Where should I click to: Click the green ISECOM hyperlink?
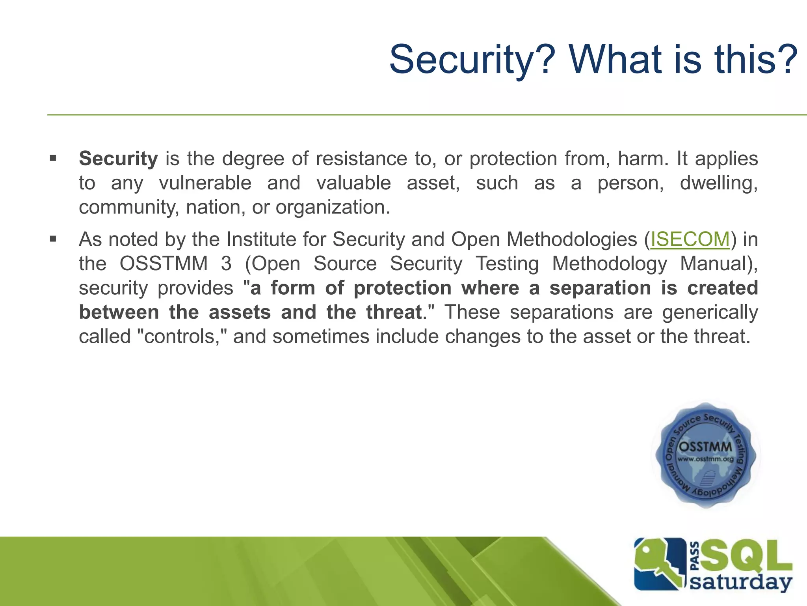pos(690,239)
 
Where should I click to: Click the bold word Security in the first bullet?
pos(118,159)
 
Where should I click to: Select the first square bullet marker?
pos(53,159)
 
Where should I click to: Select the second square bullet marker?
pos(53,239)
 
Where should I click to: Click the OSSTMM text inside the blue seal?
pos(706,447)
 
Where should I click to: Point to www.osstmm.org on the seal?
pos(706,459)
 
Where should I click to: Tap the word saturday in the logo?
pos(741,583)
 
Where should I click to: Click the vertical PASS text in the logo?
pos(695,556)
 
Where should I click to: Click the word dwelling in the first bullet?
pos(718,183)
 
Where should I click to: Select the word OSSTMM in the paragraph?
pos(164,264)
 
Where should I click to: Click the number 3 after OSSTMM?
pos(226,264)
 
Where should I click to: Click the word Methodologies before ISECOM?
pos(571,239)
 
